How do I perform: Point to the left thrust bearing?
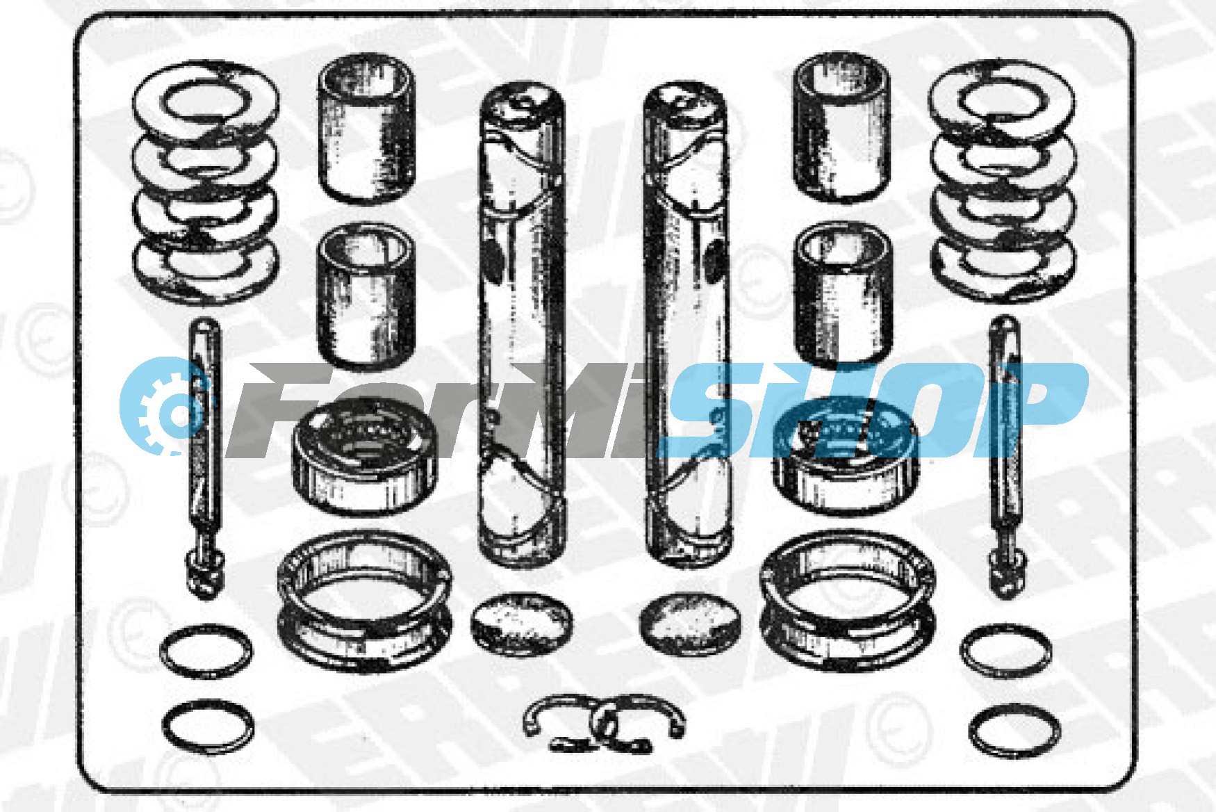pyautogui.click(x=365, y=459)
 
